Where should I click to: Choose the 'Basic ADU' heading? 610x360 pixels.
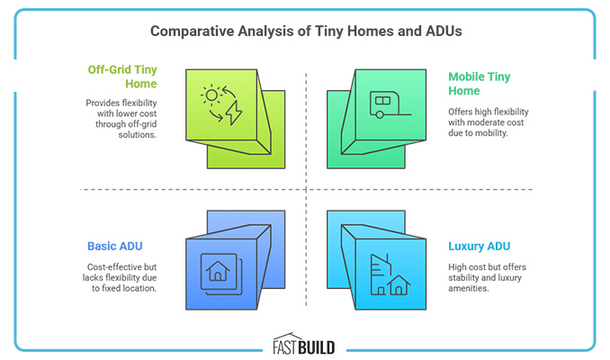pos(117,245)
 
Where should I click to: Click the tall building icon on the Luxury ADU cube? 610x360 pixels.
pos(378,269)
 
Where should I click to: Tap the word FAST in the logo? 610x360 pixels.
pos(290,344)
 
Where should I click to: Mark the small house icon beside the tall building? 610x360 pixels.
pos(399,285)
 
